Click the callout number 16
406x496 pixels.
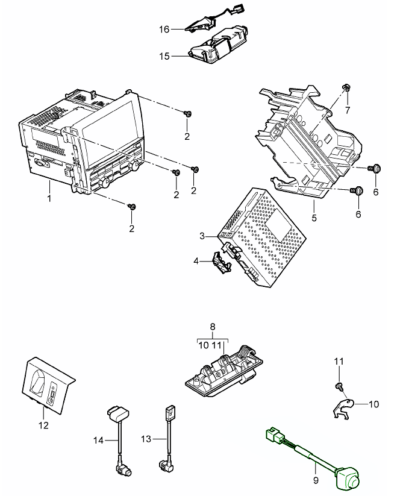(164, 28)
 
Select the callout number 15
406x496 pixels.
(164, 56)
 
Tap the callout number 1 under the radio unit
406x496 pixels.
(49, 196)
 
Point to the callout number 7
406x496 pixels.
(347, 110)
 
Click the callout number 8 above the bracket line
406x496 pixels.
(212, 327)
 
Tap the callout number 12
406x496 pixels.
(43, 425)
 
